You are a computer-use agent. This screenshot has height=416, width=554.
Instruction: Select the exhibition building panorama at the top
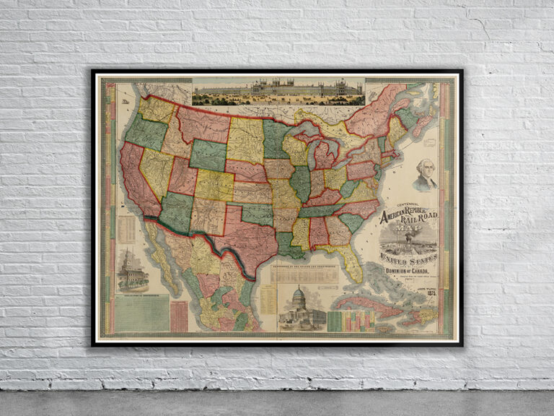tap(278, 92)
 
